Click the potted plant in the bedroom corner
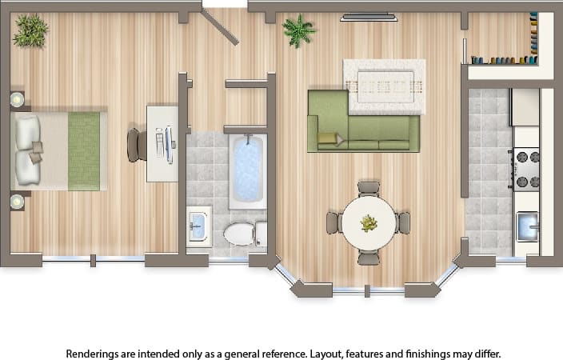click(30, 30)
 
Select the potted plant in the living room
click(298, 30)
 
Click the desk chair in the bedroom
click(136, 145)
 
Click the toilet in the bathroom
click(241, 234)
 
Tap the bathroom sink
click(199, 227)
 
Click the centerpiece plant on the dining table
click(369, 223)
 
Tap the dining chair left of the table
click(333, 223)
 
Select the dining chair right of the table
click(404, 223)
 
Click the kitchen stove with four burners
click(525, 169)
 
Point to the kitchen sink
click(527, 226)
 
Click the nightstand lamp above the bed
click(17, 99)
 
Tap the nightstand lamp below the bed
click(17, 202)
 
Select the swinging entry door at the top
click(221, 27)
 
